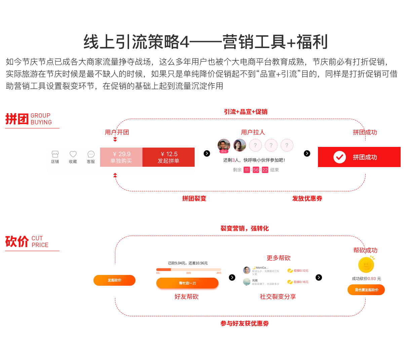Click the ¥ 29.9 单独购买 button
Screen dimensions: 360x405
coord(121,157)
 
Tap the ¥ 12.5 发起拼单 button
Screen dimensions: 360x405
coord(168,157)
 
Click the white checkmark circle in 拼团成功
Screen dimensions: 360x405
coord(339,157)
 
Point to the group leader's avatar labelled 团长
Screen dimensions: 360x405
coord(224,146)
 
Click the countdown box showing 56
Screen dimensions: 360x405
coord(256,170)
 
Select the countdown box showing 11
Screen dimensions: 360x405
coord(247,170)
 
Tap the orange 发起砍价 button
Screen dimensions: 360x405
coord(114,280)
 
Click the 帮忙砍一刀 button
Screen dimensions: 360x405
coord(187,283)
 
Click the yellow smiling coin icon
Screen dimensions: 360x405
coord(366,265)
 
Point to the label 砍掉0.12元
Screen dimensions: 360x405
coord(301,271)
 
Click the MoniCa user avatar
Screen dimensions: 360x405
coord(247,270)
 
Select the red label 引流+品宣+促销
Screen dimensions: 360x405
coord(246,112)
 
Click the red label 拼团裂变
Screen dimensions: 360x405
coord(194,199)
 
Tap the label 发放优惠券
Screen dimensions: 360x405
coord(307,199)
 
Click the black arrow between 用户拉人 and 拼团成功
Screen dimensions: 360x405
coord(307,153)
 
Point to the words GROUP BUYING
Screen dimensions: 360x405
coord(41,119)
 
